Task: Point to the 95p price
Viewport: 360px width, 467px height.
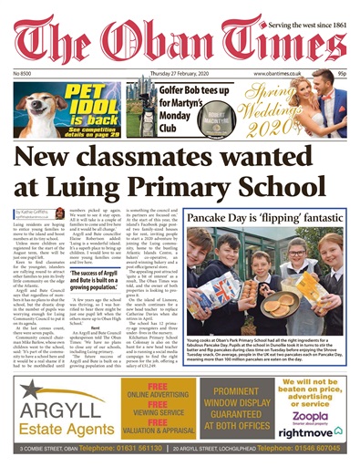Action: (x=339, y=72)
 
